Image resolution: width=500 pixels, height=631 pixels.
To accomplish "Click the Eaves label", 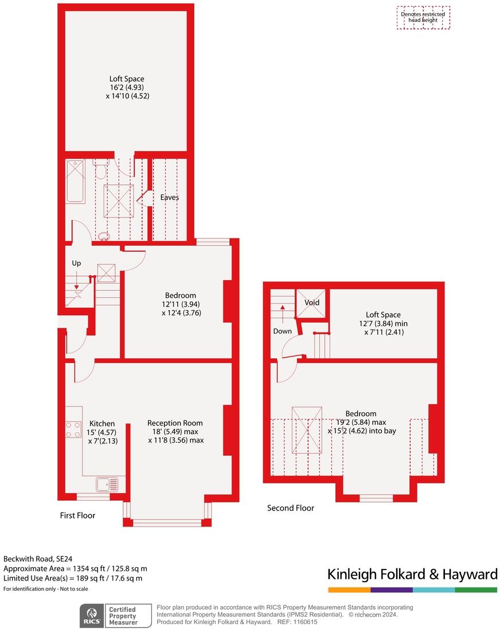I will pos(169,198).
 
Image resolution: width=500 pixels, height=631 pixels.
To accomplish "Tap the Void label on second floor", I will pos(312,303).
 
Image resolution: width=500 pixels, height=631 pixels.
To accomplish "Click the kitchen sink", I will pos(107,485).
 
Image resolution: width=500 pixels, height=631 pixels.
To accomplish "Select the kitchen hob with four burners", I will pos(73,430).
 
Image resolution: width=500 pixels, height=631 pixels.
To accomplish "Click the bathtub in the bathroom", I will pos(76,181).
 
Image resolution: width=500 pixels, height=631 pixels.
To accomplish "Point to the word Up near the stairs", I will pos(76,263).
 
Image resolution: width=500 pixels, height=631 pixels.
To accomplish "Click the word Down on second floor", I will pos(282,331).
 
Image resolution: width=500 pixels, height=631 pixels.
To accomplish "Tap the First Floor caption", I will pos(77,516).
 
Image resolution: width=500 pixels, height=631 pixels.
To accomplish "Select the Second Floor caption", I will pos(290,508).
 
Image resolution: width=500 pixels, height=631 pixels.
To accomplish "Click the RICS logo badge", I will pos(91,615).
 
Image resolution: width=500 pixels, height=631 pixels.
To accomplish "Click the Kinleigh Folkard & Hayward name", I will pos(412,575).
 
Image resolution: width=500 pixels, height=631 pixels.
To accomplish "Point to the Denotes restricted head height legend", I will pos(423,17).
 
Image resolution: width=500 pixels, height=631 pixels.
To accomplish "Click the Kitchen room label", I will pos(101,424).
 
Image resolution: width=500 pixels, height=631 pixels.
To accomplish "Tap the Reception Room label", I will pos(175,423).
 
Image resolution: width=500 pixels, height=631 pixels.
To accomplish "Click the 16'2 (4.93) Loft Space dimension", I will pos(127,88).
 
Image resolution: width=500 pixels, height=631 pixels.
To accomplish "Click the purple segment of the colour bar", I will pos(391,590).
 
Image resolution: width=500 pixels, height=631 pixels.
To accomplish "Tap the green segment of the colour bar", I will pos(476,590).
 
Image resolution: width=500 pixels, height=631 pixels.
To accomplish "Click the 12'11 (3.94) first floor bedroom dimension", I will pos(181,304).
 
